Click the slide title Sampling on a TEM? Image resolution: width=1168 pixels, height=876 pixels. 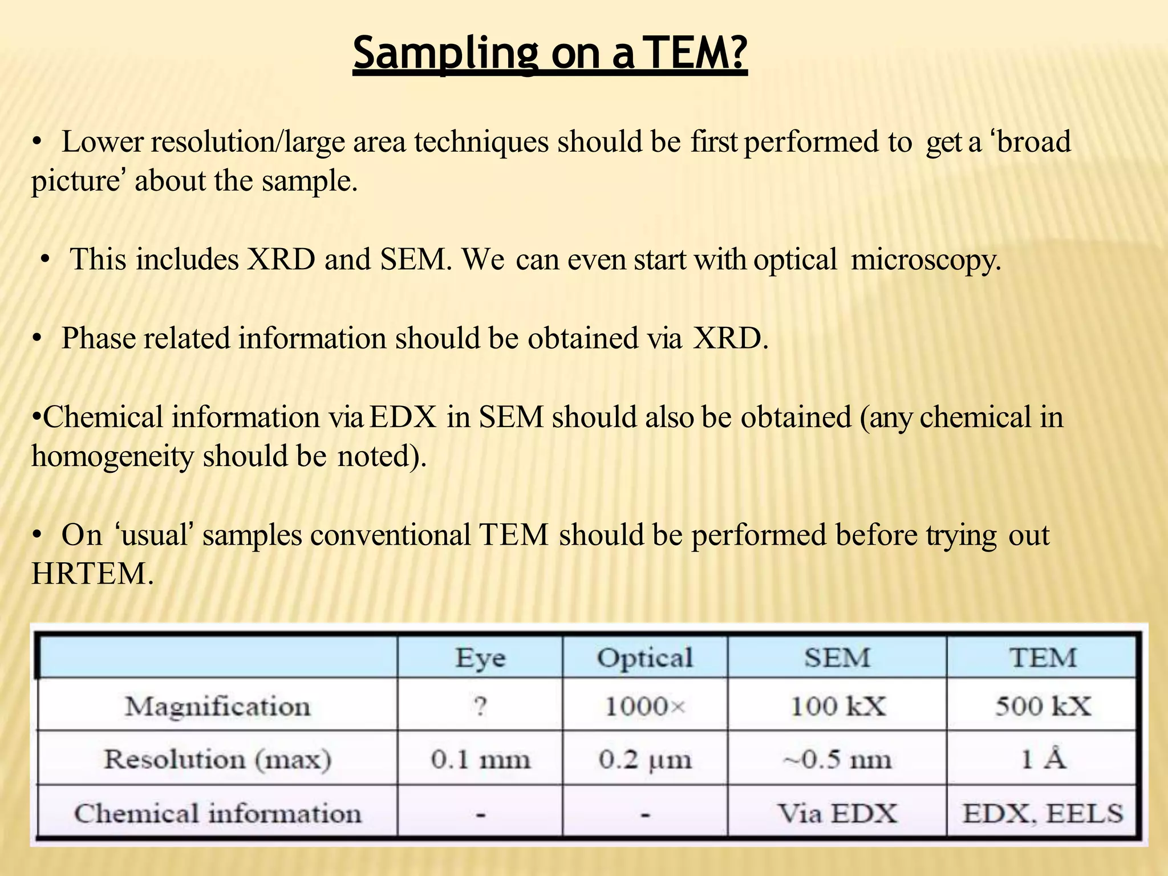(x=550, y=52)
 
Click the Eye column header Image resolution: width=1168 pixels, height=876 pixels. (x=480, y=658)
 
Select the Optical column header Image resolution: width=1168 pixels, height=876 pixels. (x=645, y=658)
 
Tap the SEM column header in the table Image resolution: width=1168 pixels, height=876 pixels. (x=837, y=658)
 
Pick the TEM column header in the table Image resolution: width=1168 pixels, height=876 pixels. (x=1043, y=658)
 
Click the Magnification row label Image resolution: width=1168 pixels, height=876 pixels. (x=218, y=707)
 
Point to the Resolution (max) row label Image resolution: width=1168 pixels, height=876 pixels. (x=218, y=759)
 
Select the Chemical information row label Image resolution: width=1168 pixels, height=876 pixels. (x=218, y=813)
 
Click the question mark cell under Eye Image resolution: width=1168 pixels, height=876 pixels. (x=480, y=707)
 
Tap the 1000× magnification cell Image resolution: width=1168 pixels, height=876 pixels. (x=645, y=707)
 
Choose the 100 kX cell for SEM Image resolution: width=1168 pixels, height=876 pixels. (x=837, y=707)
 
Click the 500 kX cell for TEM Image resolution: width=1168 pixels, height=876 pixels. (x=1043, y=707)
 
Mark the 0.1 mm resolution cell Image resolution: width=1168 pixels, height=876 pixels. (x=480, y=759)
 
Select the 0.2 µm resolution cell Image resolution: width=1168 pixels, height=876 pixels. (x=645, y=759)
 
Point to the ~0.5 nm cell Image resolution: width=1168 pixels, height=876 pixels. (x=837, y=759)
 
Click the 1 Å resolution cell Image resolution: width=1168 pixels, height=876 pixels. (x=1043, y=759)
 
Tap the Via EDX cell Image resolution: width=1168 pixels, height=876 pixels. (x=837, y=813)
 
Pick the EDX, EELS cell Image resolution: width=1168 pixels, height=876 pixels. (x=1043, y=813)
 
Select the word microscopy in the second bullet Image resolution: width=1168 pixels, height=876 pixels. (x=926, y=260)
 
